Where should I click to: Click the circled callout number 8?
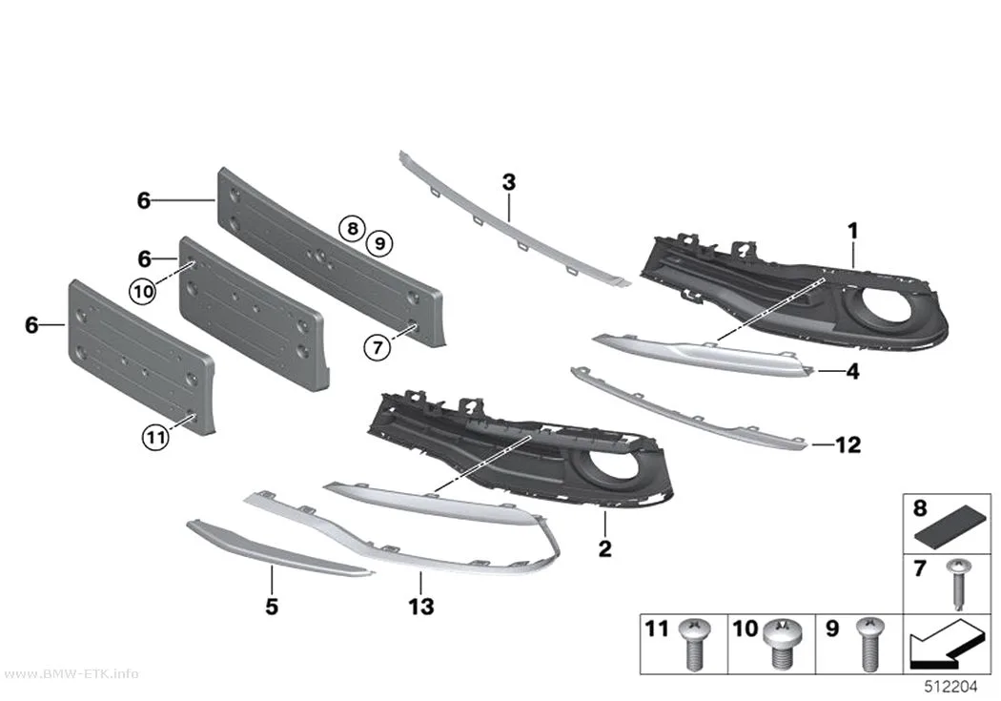click(x=353, y=228)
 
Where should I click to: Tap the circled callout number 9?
click(x=379, y=242)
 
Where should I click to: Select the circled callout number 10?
click(x=143, y=292)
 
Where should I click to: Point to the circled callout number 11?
click(x=155, y=438)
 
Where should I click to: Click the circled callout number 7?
click(x=378, y=348)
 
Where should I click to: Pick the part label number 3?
click(x=509, y=182)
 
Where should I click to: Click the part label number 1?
click(x=853, y=231)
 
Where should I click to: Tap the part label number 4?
click(x=852, y=371)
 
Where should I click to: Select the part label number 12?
click(x=848, y=444)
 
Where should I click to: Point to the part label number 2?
click(x=604, y=547)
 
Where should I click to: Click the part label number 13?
click(x=421, y=606)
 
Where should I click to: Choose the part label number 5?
click(x=272, y=606)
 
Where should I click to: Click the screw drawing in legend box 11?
click(x=693, y=644)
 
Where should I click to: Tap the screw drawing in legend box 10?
click(x=781, y=644)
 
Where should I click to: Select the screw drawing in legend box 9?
click(x=870, y=644)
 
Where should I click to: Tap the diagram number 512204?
click(x=951, y=687)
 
